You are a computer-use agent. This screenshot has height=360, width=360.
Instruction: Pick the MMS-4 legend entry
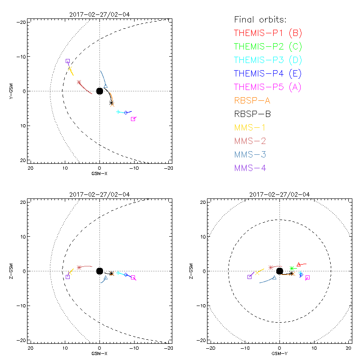pos(252,168)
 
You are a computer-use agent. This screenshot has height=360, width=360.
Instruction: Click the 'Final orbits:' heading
pos(261,19)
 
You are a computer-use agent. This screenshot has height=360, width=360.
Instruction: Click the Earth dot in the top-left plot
pos(99,91)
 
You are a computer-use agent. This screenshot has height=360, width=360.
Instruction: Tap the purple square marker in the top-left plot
pos(67,61)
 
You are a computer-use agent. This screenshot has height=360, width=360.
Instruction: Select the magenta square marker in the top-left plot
pos(133,119)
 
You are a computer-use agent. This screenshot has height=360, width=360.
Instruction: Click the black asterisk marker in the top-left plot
pos(112,103)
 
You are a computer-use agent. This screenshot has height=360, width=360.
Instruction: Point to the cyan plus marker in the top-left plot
pos(118,112)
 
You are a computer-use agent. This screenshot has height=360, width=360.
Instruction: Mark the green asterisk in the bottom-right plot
pos(292,269)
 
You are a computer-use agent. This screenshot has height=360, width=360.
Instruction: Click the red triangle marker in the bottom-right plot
pos(298,264)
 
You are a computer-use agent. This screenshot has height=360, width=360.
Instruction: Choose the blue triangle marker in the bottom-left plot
pos(105,278)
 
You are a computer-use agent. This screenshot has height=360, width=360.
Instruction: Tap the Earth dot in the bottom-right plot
pos(279,271)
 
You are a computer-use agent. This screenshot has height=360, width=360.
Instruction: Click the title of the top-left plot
pos(99,14)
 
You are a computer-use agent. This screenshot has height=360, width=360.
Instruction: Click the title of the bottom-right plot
pos(279,194)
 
